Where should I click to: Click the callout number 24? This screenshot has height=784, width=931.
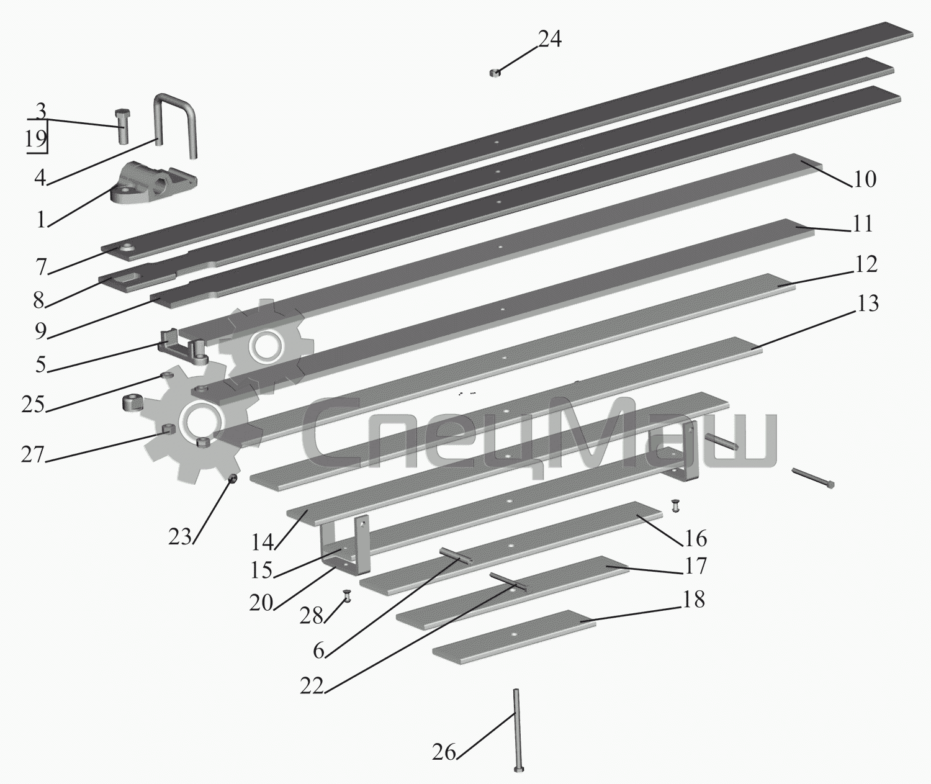coord(549,39)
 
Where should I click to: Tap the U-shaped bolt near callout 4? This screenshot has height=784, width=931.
coord(162,120)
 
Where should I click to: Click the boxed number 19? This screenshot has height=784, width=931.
coord(35,139)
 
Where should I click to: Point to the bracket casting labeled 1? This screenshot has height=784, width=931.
coord(151,184)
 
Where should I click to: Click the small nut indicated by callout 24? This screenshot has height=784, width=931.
coord(495,73)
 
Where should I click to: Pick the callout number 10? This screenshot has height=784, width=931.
coord(865,179)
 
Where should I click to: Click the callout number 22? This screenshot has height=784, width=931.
coord(312,686)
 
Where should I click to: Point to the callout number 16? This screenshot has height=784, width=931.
coord(695,539)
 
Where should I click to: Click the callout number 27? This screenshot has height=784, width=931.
coord(33,454)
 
